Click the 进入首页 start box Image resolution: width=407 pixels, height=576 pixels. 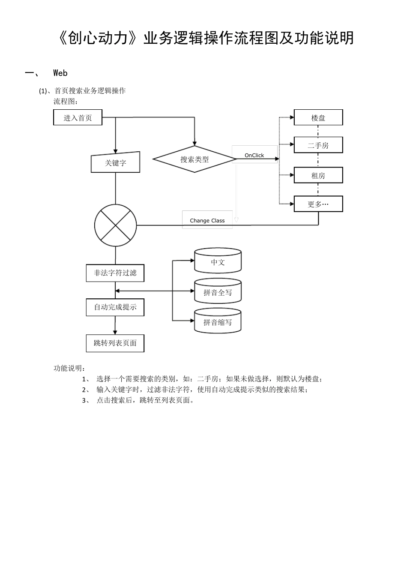point(78,117)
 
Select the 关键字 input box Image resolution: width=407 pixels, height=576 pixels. point(115,163)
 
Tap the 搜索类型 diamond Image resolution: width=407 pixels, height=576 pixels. point(195,159)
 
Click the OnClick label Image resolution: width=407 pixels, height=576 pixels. point(254,155)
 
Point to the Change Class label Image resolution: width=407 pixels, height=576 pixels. point(207,220)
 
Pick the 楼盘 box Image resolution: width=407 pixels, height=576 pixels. point(318,117)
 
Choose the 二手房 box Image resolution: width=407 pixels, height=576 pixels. point(318,145)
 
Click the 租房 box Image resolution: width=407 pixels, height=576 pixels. point(318,175)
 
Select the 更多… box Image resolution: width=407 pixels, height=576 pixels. point(318,204)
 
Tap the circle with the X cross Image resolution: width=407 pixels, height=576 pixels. point(115,225)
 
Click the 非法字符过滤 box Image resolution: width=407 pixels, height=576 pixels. point(115,273)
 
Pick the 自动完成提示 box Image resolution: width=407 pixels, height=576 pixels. point(115,307)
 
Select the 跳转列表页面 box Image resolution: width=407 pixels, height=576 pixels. point(115,343)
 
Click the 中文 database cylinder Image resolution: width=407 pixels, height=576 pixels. point(218,262)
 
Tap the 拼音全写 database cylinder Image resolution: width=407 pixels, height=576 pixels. point(218,292)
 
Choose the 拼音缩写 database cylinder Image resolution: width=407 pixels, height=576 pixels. point(218,322)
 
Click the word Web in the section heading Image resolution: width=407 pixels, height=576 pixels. point(60,73)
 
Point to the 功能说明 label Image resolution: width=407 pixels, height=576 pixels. point(69,368)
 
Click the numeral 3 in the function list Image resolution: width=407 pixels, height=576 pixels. point(84,401)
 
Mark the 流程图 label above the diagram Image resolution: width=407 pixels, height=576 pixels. point(66,102)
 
